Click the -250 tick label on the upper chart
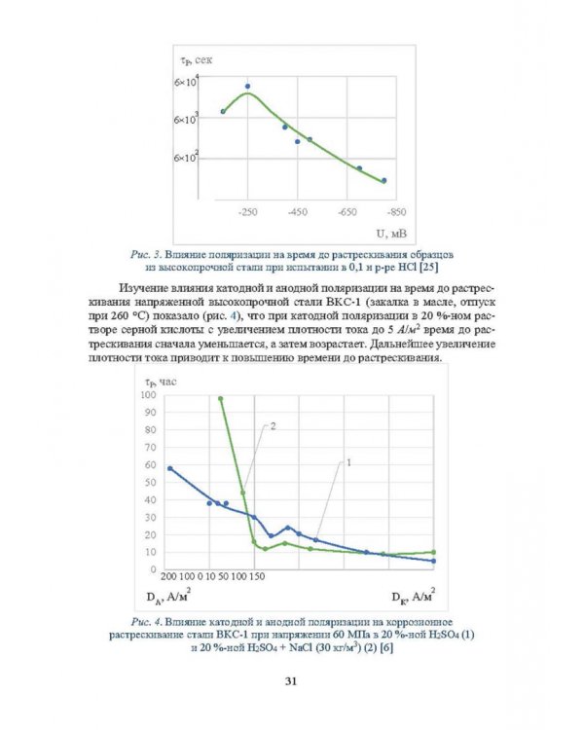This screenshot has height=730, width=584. (248, 212)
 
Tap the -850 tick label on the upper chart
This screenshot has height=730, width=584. (396, 212)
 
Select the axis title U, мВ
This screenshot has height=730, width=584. (391, 234)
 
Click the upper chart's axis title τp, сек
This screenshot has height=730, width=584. (196, 60)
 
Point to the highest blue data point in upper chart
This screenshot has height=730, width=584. (248, 86)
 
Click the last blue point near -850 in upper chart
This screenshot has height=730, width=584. (383, 180)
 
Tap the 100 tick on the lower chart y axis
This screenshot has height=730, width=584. (148, 395)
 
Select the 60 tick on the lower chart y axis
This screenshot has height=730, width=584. (151, 464)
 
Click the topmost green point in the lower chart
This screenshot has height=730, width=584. (220, 398)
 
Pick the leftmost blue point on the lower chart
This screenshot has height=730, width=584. (170, 468)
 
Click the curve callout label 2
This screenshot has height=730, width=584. (273, 426)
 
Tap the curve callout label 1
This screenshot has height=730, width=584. (348, 462)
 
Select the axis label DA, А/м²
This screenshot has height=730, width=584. (168, 596)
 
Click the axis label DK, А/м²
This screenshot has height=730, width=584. (414, 596)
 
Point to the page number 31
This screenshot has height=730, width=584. (291, 681)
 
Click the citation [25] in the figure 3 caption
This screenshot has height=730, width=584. (428, 268)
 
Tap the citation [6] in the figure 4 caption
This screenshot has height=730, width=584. (386, 647)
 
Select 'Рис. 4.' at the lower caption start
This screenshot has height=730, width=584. (146, 622)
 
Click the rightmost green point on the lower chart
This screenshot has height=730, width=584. (433, 552)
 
